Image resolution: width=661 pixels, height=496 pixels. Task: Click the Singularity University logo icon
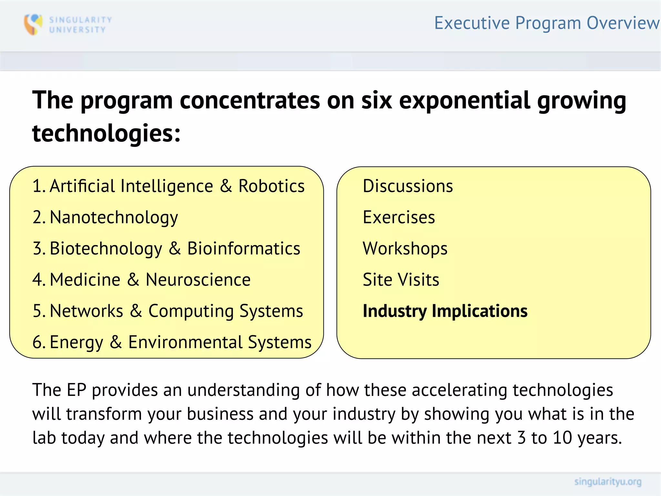(33, 24)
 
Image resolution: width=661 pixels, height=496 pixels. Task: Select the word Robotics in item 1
(271, 186)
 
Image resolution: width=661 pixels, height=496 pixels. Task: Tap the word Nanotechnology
(114, 218)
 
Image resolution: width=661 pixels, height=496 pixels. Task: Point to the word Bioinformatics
(244, 249)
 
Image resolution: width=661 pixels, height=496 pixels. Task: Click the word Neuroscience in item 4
(198, 280)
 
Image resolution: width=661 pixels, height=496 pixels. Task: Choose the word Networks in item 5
(86, 311)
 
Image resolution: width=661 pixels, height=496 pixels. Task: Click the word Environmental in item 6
(185, 342)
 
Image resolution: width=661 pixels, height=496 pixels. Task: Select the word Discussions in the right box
(408, 186)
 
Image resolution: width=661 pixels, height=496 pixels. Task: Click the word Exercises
(399, 217)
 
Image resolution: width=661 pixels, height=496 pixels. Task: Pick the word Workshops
(405, 249)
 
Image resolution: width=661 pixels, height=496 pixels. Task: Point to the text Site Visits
(401, 280)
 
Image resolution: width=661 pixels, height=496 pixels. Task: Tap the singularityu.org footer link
(607, 482)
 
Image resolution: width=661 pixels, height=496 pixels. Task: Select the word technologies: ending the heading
(106, 133)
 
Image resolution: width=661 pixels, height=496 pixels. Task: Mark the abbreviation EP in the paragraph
(76, 390)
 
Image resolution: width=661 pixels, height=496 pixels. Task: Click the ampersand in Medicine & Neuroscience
(133, 280)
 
